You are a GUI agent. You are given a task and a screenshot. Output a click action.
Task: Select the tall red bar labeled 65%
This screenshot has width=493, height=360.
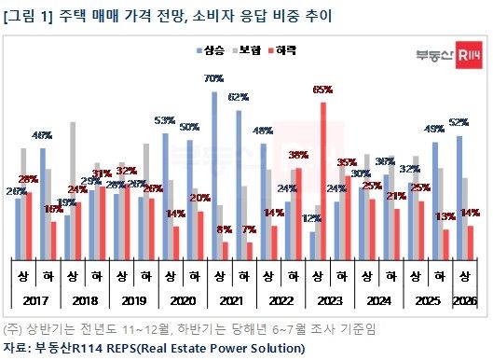(x=323, y=177)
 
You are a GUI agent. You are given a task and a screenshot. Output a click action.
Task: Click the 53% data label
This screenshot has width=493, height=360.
(x=165, y=120)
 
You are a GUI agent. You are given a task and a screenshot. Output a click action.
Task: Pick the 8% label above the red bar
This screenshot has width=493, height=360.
(x=225, y=228)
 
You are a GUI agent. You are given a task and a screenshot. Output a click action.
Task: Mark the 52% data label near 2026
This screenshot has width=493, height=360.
(x=459, y=122)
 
